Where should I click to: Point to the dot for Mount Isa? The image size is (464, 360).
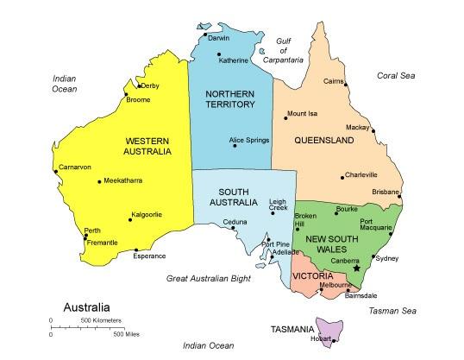click(285, 117)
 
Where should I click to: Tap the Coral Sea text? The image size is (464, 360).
click(396, 76)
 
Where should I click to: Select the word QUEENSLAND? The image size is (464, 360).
click(324, 140)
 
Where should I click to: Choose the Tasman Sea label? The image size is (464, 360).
click(392, 310)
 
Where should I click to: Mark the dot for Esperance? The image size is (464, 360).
click(136, 251)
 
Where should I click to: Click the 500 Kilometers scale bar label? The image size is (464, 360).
click(101, 320)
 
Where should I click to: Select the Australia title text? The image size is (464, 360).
click(86, 306)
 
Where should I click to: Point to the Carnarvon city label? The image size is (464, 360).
click(75, 167)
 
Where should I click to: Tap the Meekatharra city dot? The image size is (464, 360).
click(100, 181)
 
